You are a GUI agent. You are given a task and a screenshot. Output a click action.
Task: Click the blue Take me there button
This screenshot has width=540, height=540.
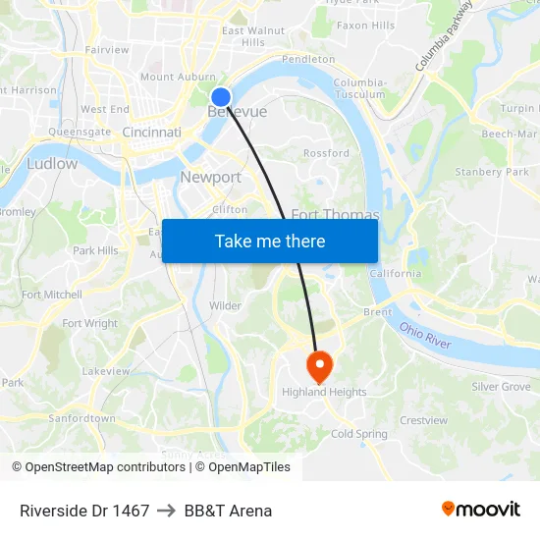[270, 241]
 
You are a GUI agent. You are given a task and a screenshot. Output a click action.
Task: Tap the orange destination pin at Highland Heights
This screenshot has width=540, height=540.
[319, 367]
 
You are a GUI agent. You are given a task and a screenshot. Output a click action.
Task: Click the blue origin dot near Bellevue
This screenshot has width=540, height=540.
[221, 96]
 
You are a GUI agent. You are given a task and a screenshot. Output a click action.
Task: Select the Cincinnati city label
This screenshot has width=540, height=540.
[152, 132]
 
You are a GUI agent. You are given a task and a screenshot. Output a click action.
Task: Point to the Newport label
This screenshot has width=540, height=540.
[210, 177]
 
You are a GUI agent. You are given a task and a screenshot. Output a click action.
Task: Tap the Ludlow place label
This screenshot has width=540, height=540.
[52, 163]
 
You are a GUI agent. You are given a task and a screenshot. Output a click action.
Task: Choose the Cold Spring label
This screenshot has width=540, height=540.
[359, 433]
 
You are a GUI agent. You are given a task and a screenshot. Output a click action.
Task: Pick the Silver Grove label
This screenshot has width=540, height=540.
[501, 387]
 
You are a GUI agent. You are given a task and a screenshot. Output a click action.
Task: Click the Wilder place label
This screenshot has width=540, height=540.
[225, 305]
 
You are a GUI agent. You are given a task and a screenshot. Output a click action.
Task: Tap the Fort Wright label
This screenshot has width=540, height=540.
[89, 323]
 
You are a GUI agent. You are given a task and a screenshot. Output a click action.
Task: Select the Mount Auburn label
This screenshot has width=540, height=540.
[178, 77]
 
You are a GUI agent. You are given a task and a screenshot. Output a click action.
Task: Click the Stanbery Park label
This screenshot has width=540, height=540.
[492, 172]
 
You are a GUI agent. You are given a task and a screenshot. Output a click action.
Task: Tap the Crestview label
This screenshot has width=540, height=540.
[423, 420]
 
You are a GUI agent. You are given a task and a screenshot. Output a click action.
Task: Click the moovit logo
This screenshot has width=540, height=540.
[480, 509]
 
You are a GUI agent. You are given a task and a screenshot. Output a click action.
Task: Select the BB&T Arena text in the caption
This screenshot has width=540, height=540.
[228, 511]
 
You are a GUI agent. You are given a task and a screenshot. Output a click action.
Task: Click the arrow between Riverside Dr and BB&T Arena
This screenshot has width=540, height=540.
[167, 511]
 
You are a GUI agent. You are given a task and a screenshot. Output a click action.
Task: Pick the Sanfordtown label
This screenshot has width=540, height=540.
[81, 417]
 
